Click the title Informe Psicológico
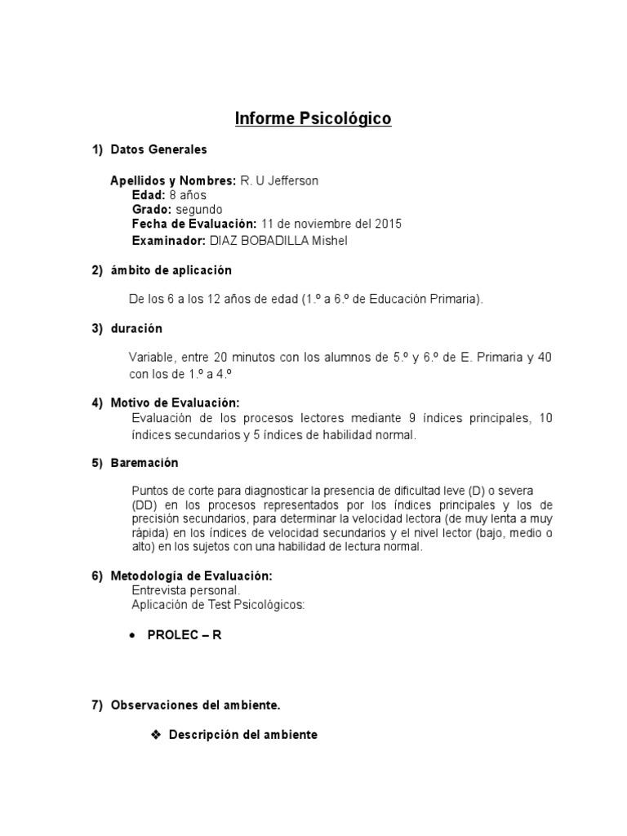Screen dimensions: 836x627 [x=313, y=119]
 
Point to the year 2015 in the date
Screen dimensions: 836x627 [x=386, y=224]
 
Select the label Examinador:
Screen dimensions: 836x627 [x=169, y=241]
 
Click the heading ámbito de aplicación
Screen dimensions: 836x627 [x=171, y=270]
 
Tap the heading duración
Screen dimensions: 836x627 [x=136, y=328]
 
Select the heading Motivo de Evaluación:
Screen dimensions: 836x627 [x=176, y=403]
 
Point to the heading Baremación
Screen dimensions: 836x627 [x=145, y=463]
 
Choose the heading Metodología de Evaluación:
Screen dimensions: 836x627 [x=192, y=576]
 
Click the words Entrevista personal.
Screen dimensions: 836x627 [x=186, y=589]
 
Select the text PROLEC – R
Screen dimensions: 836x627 [x=185, y=635]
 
